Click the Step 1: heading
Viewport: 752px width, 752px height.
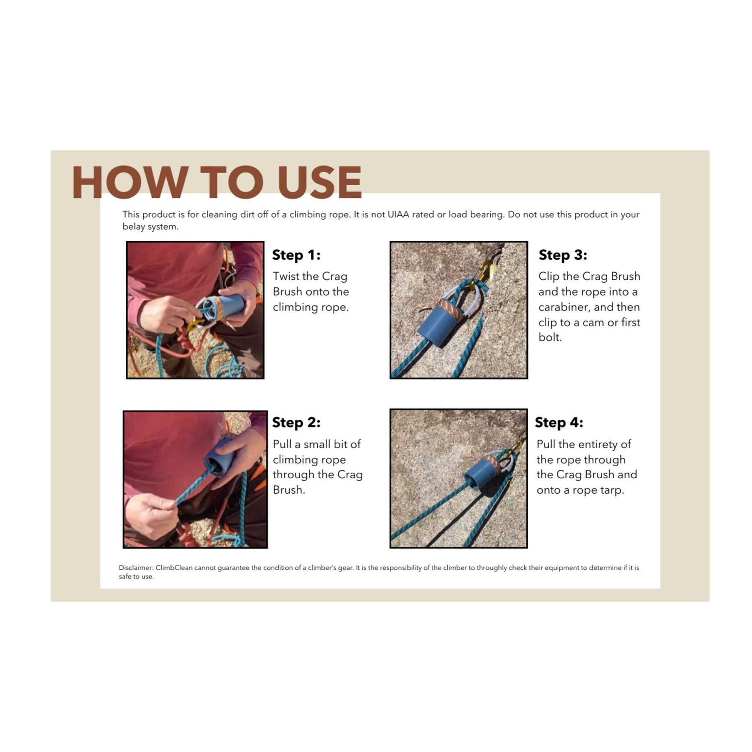[296, 255]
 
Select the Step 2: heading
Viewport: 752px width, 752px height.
[296, 422]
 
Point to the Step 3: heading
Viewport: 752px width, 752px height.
[563, 255]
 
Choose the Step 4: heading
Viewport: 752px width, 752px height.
[559, 422]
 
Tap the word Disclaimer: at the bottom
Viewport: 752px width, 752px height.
[136, 568]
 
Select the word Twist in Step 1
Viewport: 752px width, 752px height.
[286, 276]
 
